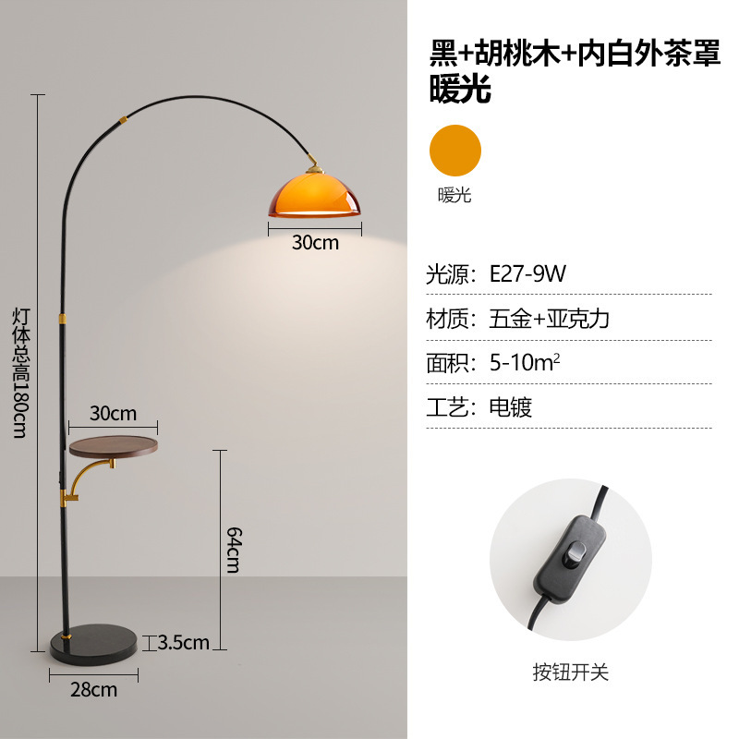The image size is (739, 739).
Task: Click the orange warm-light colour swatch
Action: pos(454,151)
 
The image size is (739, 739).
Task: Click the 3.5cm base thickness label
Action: pos(184,642)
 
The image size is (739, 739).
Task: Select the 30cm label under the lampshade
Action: pos(315,243)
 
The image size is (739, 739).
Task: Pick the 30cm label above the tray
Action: pos(113,412)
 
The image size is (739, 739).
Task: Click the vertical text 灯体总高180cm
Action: pos(20,369)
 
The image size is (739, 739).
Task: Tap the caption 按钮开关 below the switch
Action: pos(570,672)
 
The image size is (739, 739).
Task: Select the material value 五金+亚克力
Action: pos(549,319)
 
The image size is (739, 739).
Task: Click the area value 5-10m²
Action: pos(525,362)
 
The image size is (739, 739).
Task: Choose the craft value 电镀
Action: pos(510,406)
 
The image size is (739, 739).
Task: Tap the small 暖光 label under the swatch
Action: pos(454,195)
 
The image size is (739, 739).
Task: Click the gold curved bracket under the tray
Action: pos(85,481)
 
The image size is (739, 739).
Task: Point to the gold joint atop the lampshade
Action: pos(316,164)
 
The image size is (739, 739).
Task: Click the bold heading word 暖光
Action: pos(459,90)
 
